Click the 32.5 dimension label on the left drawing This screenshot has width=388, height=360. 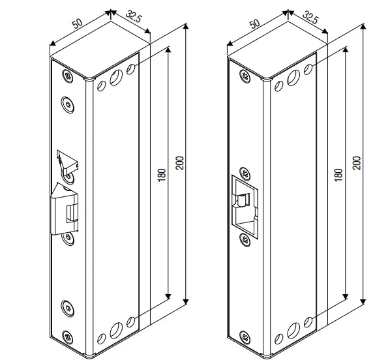point(133,16)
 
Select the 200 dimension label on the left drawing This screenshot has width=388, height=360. point(179,162)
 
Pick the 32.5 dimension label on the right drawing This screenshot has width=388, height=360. point(310,16)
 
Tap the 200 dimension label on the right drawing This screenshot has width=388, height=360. point(357,162)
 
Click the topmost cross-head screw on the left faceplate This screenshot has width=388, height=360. point(68,76)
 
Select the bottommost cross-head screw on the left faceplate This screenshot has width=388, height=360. point(68,337)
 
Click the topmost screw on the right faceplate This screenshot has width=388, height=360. point(245,76)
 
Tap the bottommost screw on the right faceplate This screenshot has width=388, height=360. point(245,337)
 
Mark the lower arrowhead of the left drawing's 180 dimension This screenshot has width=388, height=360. point(168,297)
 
